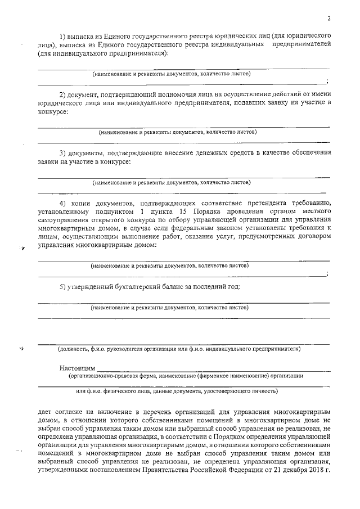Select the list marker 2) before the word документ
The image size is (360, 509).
click(63, 93)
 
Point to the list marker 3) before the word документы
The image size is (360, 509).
click(63, 152)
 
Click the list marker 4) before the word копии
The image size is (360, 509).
click(63, 202)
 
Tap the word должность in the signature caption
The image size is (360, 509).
click(73, 349)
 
